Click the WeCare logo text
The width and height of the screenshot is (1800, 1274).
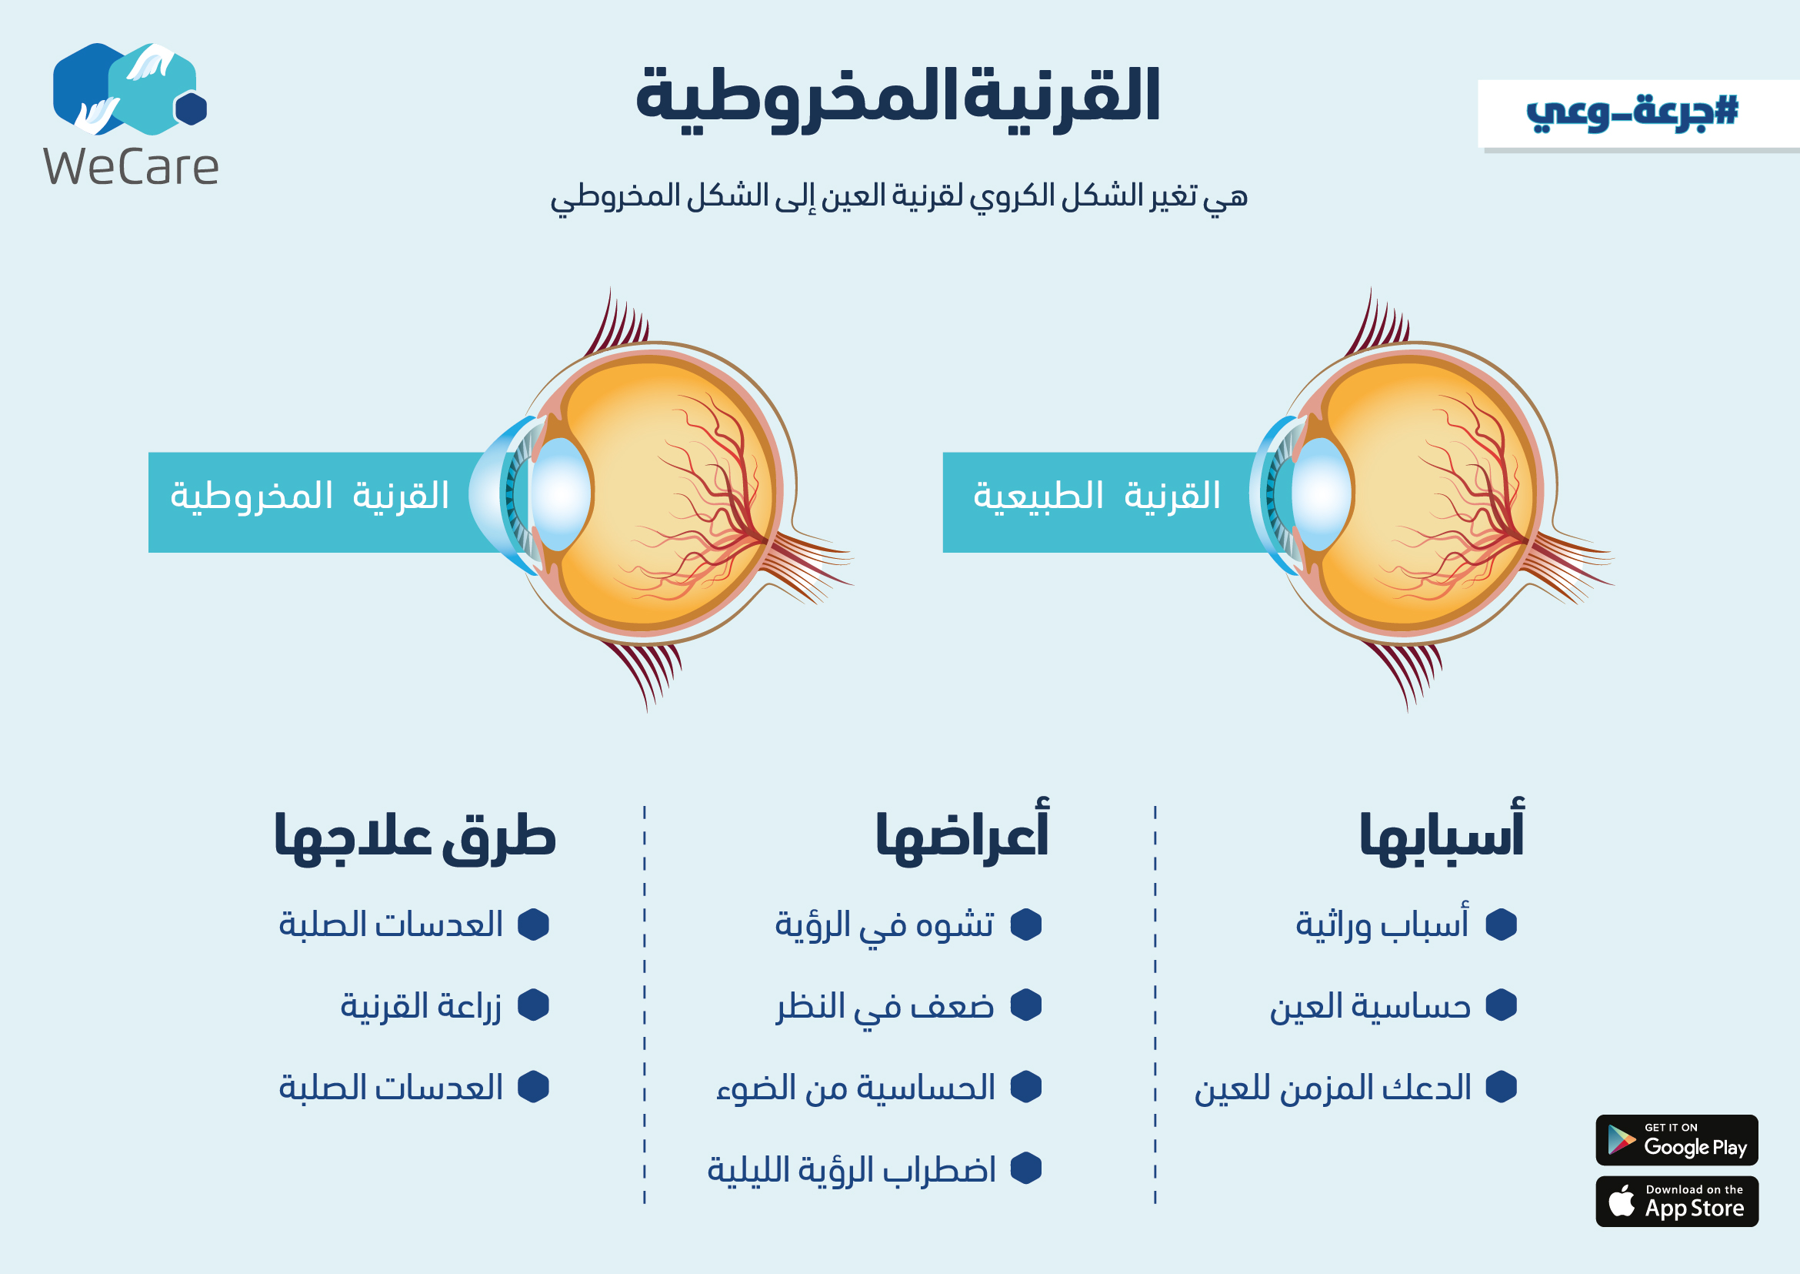point(131,167)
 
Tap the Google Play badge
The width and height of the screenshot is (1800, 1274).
point(1677,1140)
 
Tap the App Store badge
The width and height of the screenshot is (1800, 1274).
point(1677,1201)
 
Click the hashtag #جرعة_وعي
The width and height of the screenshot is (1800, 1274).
point(1632,112)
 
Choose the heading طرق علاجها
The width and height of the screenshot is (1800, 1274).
point(415,835)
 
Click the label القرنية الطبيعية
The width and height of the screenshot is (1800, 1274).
point(1097,496)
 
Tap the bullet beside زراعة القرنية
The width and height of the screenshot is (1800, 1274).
point(534,1005)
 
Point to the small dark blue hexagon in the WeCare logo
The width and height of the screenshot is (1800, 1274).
point(191,109)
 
